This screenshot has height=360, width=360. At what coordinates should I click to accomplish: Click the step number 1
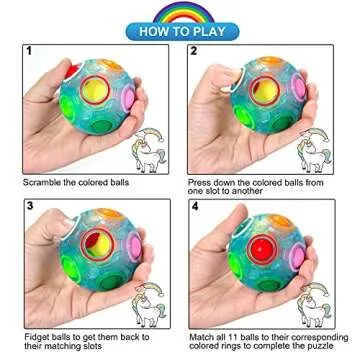tap(31, 49)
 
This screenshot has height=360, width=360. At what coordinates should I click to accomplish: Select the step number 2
tap(194, 49)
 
